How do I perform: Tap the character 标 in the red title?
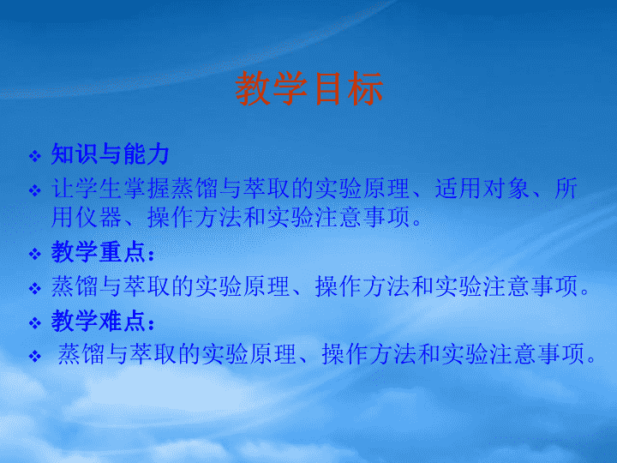click(365, 88)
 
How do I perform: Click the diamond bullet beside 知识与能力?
click(35, 156)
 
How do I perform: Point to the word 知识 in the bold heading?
click(74, 154)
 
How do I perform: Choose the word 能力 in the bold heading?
click(146, 154)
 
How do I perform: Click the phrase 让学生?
click(87, 188)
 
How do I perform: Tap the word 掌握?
click(147, 188)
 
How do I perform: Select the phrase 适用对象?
click(482, 188)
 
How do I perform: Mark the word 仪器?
click(98, 217)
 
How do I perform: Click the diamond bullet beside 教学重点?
click(35, 254)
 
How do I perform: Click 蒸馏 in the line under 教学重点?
click(74, 286)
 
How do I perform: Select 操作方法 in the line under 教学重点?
click(362, 286)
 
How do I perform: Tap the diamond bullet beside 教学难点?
click(35, 323)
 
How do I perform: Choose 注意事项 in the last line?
click(536, 354)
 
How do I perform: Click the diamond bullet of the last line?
click(35, 357)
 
